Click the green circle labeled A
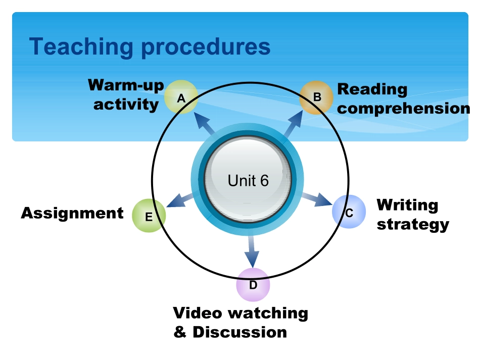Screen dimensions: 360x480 click(180, 97)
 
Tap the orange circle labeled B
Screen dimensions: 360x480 click(317, 97)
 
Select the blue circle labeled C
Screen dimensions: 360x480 click(349, 212)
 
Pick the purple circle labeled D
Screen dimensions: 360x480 click(253, 284)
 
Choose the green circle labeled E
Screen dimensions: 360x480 click(149, 216)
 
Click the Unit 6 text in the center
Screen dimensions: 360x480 click(248, 180)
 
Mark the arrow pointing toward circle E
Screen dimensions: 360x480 click(178, 200)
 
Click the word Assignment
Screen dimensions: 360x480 click(72, 213)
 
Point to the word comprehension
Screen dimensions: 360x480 click(403, 109)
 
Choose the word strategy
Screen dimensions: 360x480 click(413, 224)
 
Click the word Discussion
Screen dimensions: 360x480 click(239, 333)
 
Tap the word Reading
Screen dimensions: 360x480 click(372, 90)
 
